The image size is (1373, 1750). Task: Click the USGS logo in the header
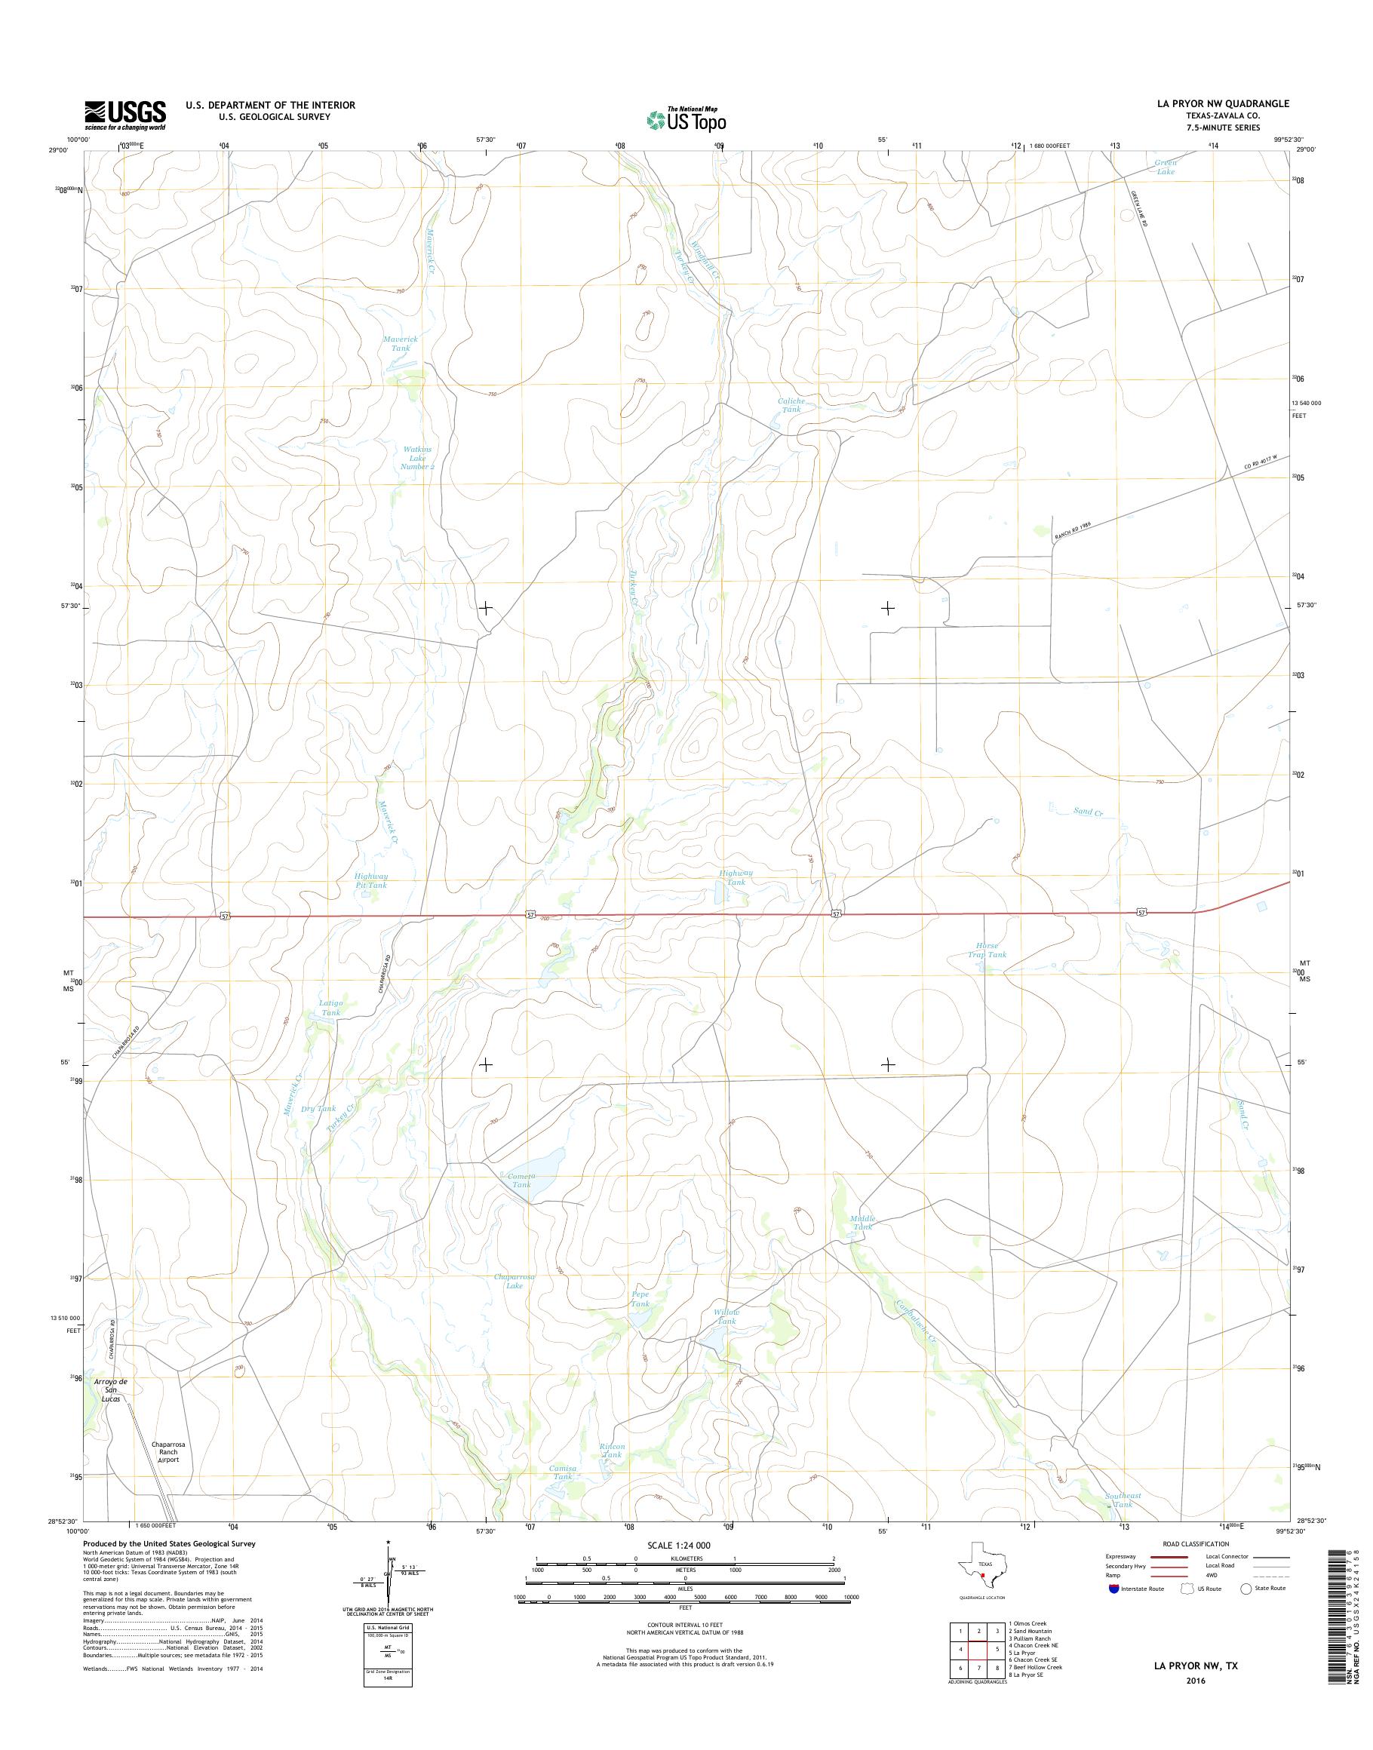(125, 115)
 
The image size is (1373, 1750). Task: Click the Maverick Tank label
(401, 343)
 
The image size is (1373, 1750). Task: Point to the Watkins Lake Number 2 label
(418, 457)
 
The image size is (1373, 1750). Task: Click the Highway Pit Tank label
(371, 880)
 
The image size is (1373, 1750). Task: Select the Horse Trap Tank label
(986, 950)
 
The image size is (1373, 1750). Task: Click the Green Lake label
(1165, 167)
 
